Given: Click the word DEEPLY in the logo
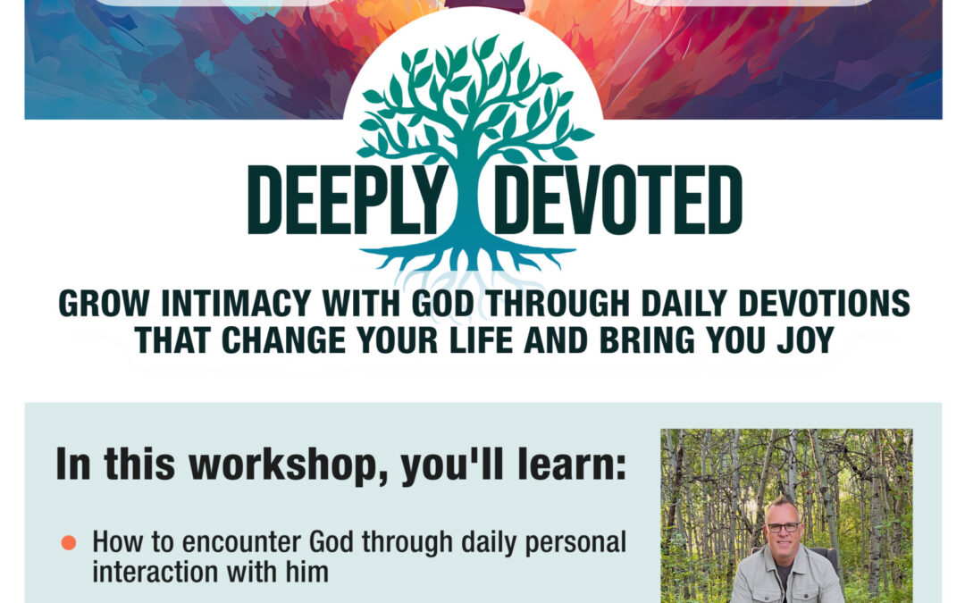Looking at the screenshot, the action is coord(348,200).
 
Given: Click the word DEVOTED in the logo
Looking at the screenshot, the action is coord(618,200).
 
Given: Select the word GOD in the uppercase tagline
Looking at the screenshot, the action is coord(442,304).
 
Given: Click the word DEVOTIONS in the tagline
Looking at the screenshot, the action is coord(824,304).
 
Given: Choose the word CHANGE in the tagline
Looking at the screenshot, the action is coord(284,340).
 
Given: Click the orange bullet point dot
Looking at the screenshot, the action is coord(69,543).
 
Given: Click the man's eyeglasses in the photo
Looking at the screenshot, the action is coord(784,527).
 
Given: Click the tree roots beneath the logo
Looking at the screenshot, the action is coord(467,258).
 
